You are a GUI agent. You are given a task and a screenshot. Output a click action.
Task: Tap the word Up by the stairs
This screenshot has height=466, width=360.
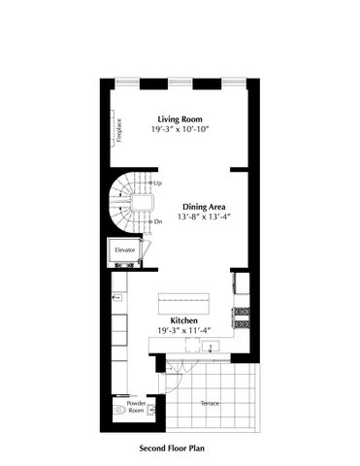click(x=157, y=183)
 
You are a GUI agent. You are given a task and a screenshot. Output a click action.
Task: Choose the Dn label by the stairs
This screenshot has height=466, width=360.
click(x=157, y=221)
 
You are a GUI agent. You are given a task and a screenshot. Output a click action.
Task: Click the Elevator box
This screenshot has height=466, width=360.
click(x=125, y=251)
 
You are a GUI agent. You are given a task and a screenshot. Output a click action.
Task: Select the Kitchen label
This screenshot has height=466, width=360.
click(x=184, y=320)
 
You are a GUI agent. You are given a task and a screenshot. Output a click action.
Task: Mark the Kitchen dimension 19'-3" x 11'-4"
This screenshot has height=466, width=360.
click(x=184, y=331)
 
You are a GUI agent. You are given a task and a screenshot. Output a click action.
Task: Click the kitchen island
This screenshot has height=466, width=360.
click(x=183, y=295)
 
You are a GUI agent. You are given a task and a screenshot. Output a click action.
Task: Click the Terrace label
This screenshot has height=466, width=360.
click(x=210, y=401)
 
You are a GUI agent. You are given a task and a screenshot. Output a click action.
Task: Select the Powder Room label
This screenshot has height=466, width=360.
click(x=136, y=407)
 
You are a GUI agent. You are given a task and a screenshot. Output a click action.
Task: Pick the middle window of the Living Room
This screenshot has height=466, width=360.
click(x=180, y=81)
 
